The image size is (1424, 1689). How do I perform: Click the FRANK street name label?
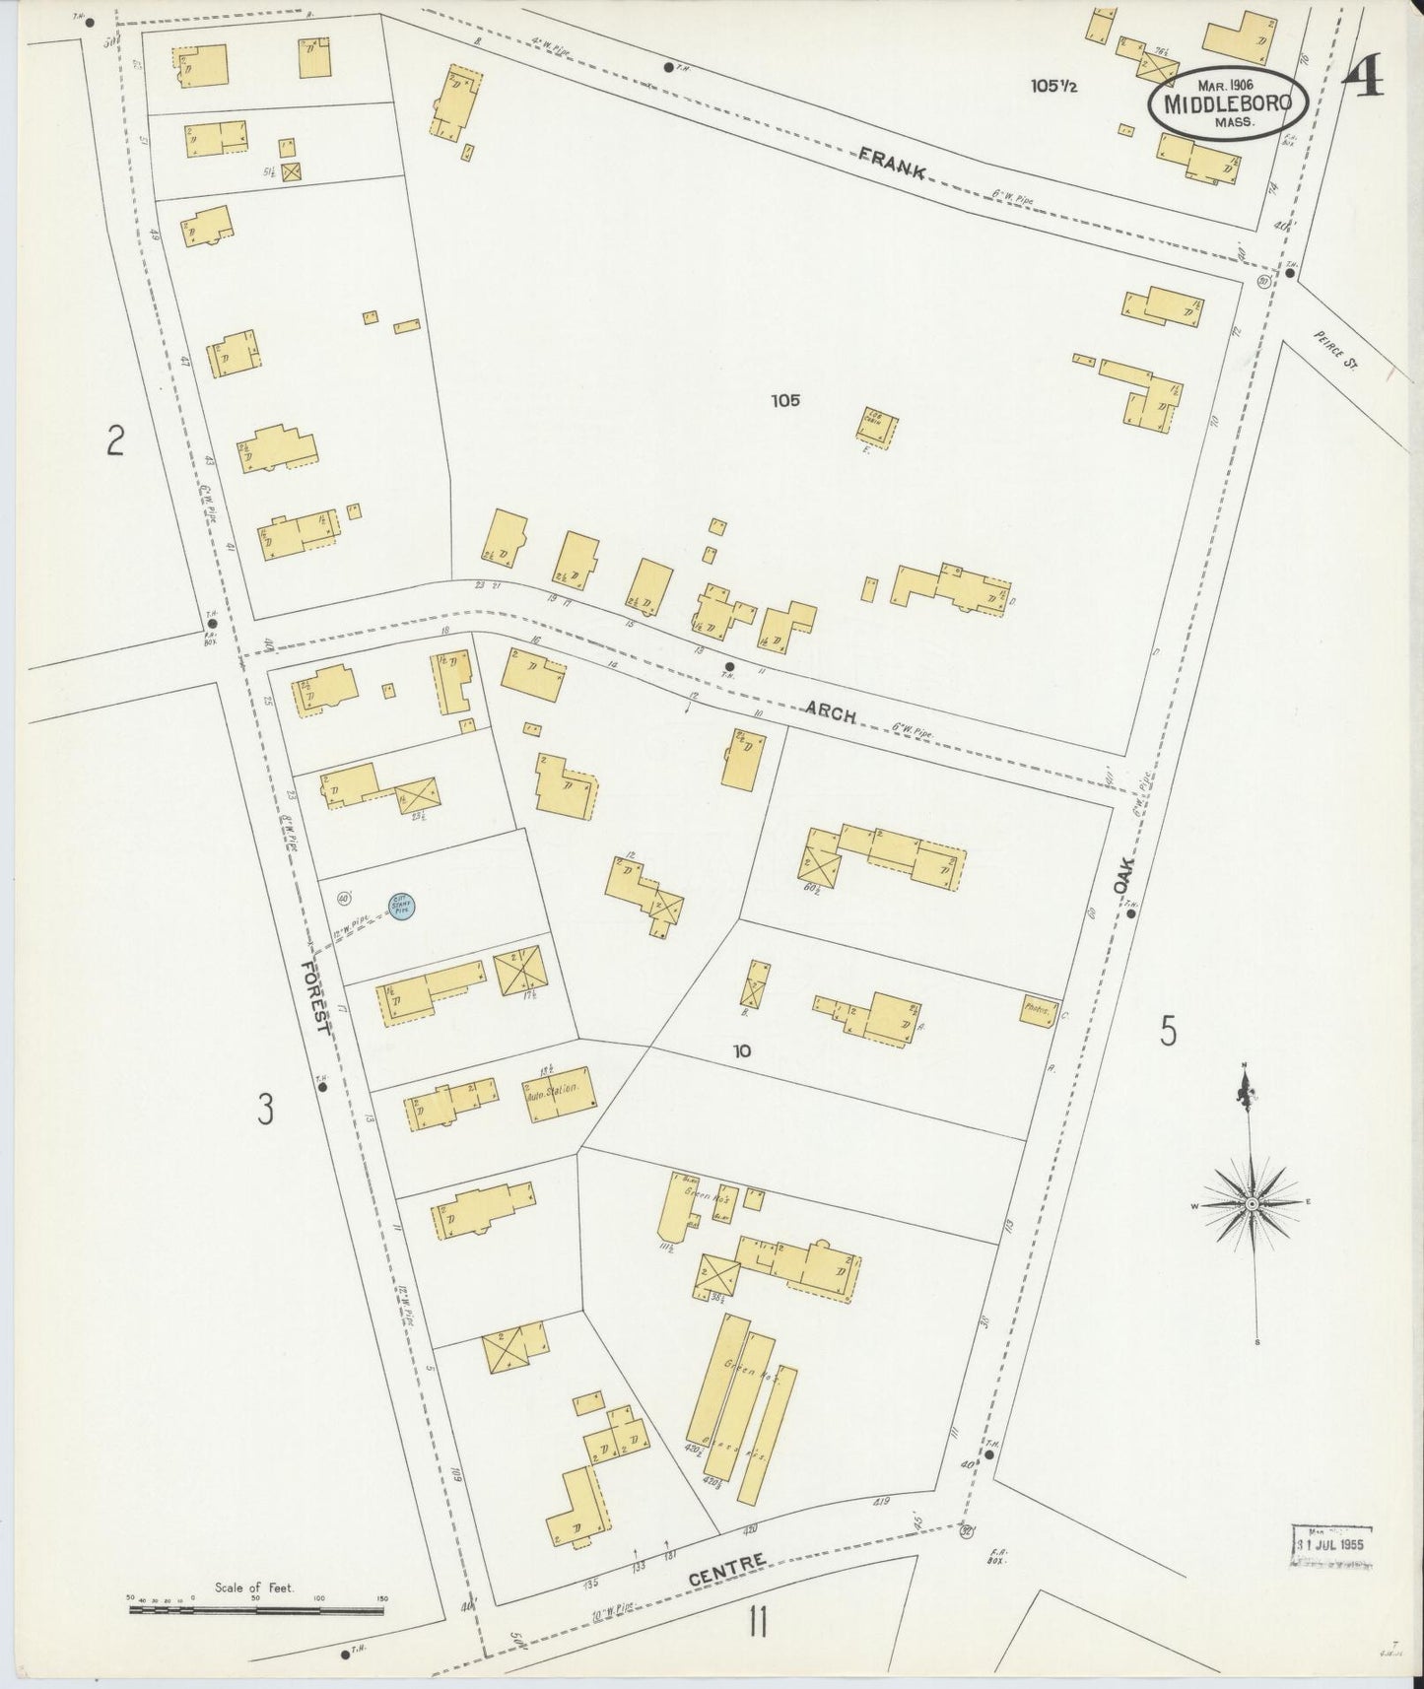[891, 163]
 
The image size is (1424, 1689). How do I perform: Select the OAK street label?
[1125, 875]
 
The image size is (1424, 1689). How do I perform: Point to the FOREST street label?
[315, 996]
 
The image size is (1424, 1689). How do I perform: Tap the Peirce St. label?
[1335, 349]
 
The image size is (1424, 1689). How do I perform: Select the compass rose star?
[1251, 1203]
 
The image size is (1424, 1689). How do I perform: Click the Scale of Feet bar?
[256, 1610]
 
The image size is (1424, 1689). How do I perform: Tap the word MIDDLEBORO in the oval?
[1227, 102]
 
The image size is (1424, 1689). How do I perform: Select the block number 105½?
[1053, 86]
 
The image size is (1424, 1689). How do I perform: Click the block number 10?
[741, 1050]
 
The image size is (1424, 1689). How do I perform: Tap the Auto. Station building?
[560, 1093]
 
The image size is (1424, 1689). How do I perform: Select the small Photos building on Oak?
[1038, 1010]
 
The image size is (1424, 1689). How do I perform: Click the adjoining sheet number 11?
[757, 1622]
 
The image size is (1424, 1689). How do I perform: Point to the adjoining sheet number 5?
[1168, 1031]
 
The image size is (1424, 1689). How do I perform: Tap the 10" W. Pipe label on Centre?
[609, 1600]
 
